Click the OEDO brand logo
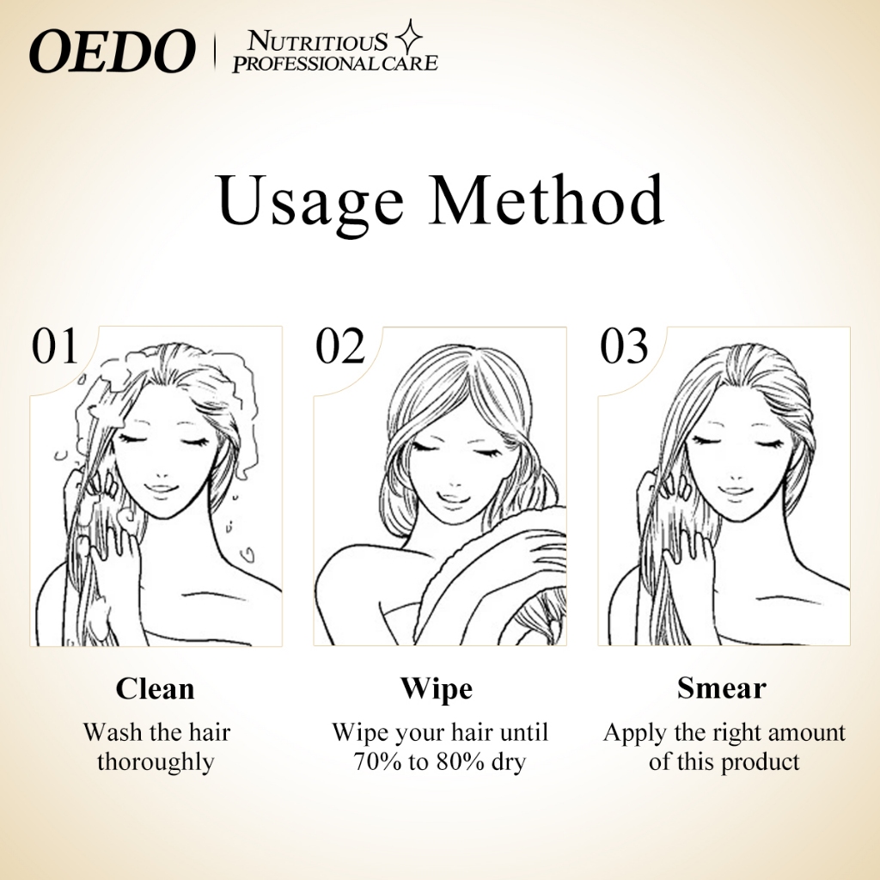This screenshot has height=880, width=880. point(112,52)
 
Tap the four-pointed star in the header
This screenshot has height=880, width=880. point(408,37)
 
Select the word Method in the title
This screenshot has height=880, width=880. point(547,199)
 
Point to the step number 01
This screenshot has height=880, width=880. point(54,346)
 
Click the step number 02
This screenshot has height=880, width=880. point(340,346)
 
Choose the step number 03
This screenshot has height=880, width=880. point(624,346)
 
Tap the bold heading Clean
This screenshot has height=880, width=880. point(155,688)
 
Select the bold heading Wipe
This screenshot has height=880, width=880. point(436,689)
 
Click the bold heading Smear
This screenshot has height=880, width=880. point(721,687)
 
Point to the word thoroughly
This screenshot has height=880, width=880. point(156,763)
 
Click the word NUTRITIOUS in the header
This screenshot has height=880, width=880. point(318,41)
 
